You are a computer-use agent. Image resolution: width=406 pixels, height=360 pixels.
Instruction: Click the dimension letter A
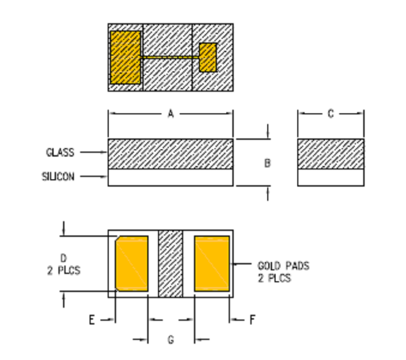click(170, 114)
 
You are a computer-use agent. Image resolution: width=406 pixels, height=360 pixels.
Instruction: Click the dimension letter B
click(267, 163)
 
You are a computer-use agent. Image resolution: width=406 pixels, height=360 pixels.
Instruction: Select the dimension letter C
click(330, 114)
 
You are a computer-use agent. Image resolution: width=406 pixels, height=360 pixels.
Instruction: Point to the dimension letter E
click(92, 320)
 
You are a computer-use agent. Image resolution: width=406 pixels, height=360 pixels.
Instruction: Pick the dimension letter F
click(252, 320)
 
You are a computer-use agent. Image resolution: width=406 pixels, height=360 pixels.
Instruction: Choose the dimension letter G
click(171, 340)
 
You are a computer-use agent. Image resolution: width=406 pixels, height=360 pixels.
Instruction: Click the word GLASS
click(60, 153)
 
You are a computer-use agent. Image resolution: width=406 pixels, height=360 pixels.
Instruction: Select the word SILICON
click(58, 176)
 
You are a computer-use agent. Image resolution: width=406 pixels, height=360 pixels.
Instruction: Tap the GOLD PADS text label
click(283, 266)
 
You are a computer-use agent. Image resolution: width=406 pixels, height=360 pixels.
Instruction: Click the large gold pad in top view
click(125, 57)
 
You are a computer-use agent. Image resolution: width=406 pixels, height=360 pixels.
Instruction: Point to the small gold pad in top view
click(208, 58)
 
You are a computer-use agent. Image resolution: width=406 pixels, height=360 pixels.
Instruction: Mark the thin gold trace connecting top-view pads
click(170, 58)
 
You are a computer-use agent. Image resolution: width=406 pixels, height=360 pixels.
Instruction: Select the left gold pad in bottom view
click(132, 263)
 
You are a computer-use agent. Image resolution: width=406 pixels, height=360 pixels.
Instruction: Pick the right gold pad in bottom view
click(212, 263)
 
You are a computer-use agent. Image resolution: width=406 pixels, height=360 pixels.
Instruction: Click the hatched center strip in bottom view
click(170, 263)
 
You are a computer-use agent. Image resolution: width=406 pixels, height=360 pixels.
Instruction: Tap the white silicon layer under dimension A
click(170, 178)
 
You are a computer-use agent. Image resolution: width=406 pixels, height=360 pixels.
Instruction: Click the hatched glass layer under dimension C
click(331, 154)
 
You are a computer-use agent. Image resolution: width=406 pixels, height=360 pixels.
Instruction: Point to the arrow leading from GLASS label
click(94, 153)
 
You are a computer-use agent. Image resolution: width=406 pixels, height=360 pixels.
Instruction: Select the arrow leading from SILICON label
click(94, 176)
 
